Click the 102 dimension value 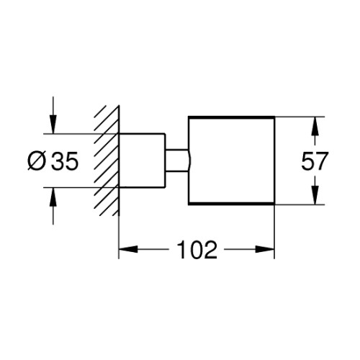[197, 249]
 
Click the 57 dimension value [314, 161]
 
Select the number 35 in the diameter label [66, 161]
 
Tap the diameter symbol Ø [37, 161]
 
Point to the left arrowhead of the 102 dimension [128, 249]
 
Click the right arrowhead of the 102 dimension [265, 249]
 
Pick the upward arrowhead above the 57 [316, 127]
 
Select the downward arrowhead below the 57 [316, 194]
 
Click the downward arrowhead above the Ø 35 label [53, 125]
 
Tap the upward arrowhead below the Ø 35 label [53, 197]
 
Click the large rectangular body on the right [231, 161]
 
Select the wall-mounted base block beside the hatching [142, 160]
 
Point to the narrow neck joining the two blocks [177, 161]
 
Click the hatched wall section [107, 161]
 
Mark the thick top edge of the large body [231, 117]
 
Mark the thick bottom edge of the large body [231, 204]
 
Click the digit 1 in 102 [181, 249]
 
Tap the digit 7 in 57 [320, 161]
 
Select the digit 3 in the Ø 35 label [58, 161]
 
